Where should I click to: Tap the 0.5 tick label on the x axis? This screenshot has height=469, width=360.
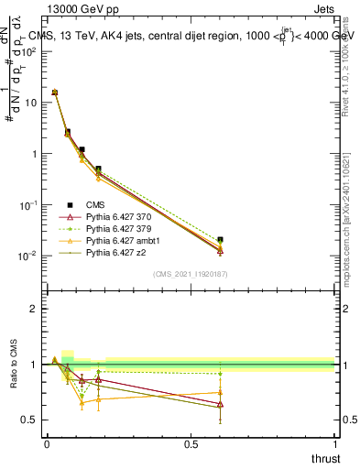click(191, 443)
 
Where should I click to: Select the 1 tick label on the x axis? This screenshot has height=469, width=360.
click(334, 443)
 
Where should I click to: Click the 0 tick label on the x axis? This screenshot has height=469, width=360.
click(47, 443)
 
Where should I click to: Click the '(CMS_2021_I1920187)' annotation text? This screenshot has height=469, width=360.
click(190, 274)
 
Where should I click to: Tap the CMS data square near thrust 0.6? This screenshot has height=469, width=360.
click(220, 240)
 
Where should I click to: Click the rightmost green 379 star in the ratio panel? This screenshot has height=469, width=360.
click(220, 374)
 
